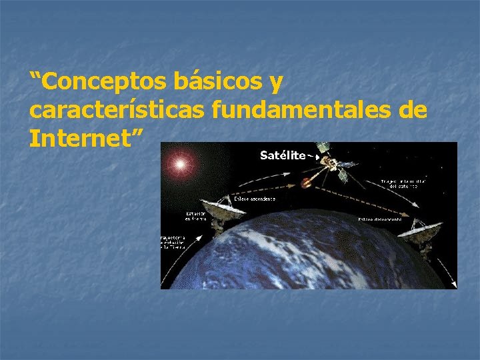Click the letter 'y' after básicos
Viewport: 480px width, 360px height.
point(275,85)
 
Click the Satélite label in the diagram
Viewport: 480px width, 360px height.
point(282,155)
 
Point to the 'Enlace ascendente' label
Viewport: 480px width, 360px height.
point(253,198)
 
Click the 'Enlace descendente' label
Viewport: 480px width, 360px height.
point(379,219)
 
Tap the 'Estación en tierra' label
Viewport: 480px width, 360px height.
point(195,216)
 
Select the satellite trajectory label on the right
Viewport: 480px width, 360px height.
point(404,183)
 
